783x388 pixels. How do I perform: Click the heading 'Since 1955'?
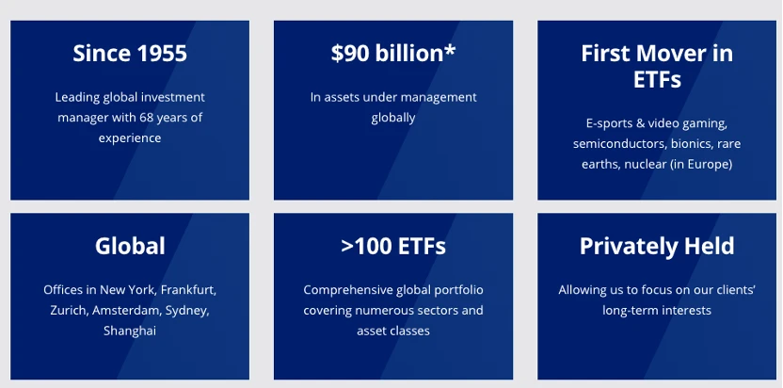tap(130, 53)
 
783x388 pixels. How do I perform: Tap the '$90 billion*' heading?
tap(393, 53)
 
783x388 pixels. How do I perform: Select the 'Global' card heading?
tap(130, 246)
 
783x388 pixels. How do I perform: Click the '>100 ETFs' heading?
tap(393, 246)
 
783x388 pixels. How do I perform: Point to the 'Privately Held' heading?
tap(657, 246)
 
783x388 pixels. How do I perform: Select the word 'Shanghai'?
tap(130, 331)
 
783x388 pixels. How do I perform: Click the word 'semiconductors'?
tap(616, 144)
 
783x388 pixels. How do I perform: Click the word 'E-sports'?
tap(610, 123)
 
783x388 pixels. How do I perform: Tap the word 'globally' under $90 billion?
tap(393, 118)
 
